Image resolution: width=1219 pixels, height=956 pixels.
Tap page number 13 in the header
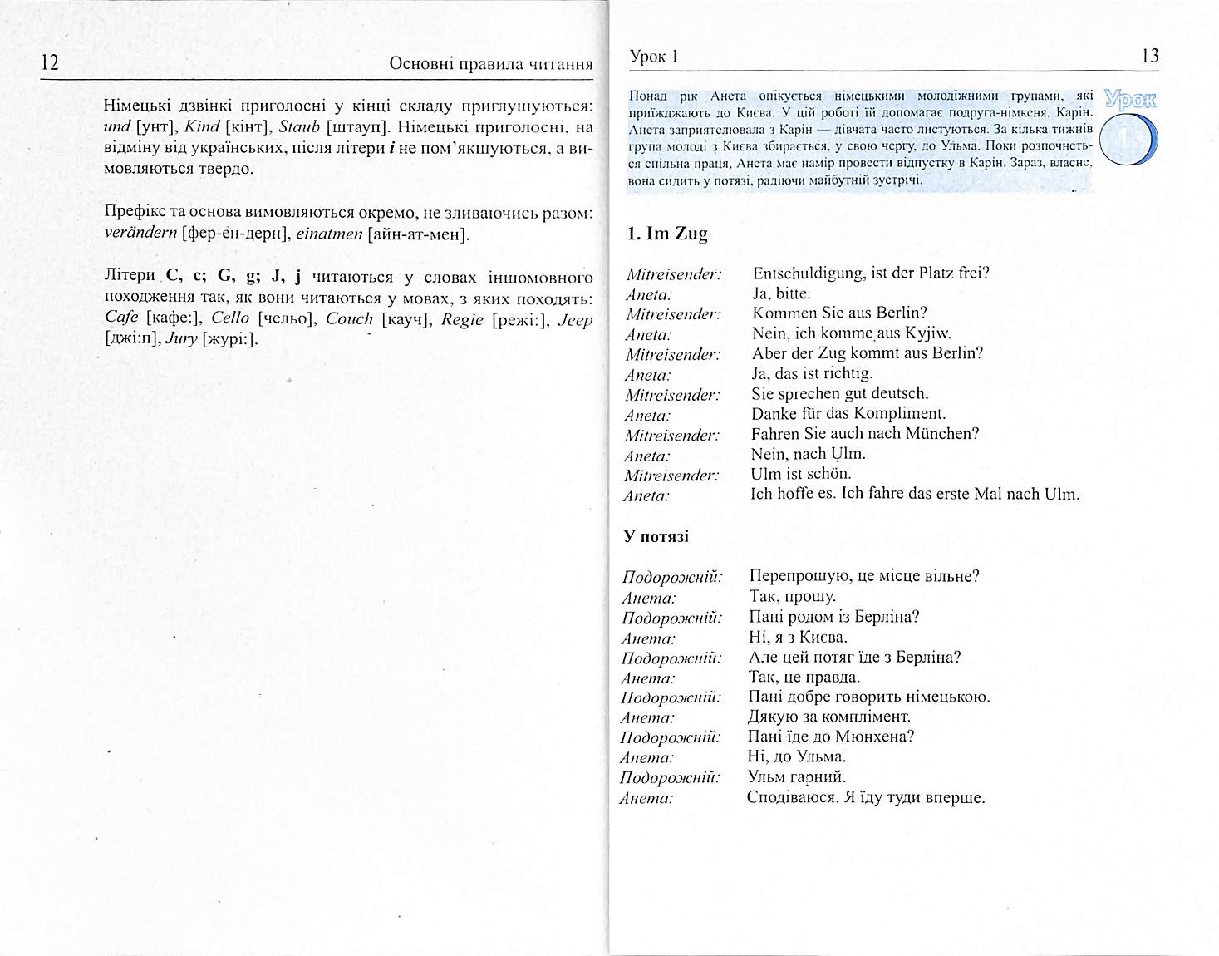click(x=1150, y=56)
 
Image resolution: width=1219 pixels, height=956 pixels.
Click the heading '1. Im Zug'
click(x=666, y=234)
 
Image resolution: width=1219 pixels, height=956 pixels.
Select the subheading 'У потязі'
click(x=656, y=536)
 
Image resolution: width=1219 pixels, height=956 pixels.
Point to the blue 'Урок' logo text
click(x=1131, y=99)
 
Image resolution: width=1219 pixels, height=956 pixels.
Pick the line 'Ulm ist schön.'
click(x=801, y=474)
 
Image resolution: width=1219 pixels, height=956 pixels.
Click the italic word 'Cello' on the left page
click(x=231, y=318)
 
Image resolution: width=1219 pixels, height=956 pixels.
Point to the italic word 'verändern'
click(x=140, y=234)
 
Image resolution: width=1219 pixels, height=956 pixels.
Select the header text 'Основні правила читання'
click(x=491, y=64)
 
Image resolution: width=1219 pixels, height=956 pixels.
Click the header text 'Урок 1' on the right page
click(x=654, y=57)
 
